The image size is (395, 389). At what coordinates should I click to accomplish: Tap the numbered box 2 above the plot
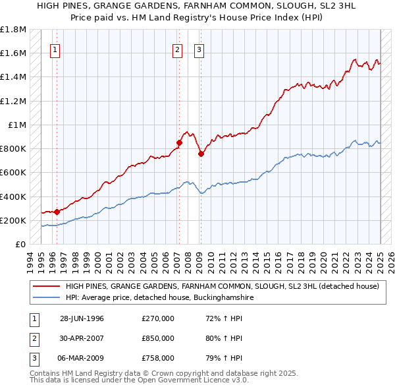click(177, 48)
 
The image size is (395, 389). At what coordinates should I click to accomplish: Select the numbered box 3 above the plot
click(199, 48)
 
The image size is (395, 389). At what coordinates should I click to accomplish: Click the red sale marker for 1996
click(57, 212)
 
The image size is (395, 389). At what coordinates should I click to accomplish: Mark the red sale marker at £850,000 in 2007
click(179, 142)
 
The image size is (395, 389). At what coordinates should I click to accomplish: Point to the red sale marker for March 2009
click(201, 154)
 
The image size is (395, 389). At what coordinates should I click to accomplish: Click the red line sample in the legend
click(45, 287)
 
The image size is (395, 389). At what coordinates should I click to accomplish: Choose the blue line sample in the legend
click(45, 298)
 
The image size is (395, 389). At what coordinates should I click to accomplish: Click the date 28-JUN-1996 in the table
click(82, 319)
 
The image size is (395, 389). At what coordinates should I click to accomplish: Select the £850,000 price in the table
click(158, 338)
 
